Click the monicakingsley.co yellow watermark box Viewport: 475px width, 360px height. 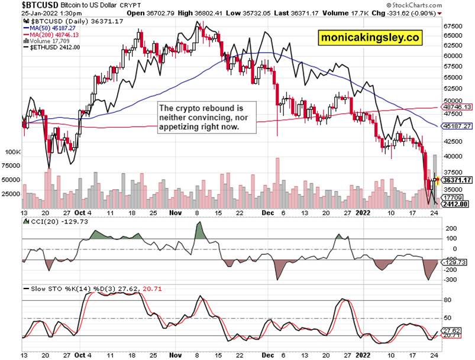pos(371,37)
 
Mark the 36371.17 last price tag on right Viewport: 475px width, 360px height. pos(456,180)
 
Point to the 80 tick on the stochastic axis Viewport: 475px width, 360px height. pos(448,300)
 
